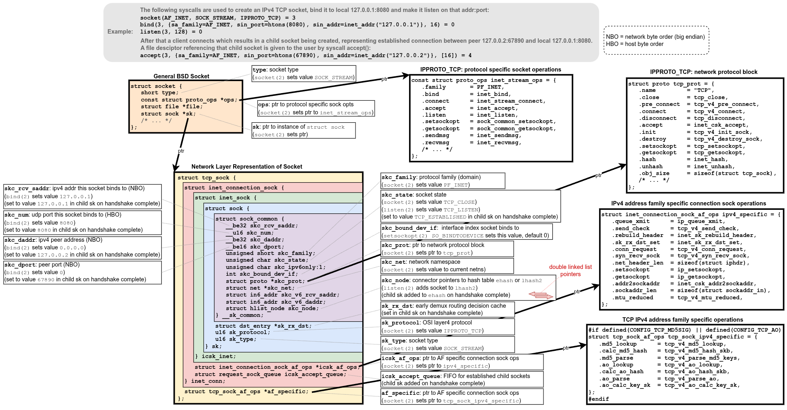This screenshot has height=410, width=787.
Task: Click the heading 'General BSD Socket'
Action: pos(181,76)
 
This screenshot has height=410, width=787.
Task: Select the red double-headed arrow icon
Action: pos(541,295)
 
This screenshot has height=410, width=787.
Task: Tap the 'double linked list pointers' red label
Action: pos(570,271)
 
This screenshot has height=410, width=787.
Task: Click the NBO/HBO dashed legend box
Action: pos(656,40)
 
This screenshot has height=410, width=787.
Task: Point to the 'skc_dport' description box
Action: pos(82,272)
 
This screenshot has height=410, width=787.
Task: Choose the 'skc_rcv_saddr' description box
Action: pos(82,196)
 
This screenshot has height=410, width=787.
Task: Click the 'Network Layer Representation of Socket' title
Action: pos(247,167)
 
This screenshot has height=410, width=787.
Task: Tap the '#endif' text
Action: pos(599,399)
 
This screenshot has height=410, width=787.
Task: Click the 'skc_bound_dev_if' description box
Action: pos(466,232)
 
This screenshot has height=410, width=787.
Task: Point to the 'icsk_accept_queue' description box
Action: pos(462,380)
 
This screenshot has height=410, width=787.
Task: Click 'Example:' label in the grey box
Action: pos(120,32)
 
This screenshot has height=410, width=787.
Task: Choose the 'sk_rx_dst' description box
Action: pos(447,309)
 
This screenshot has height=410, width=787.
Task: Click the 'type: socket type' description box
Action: pos(304,74)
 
